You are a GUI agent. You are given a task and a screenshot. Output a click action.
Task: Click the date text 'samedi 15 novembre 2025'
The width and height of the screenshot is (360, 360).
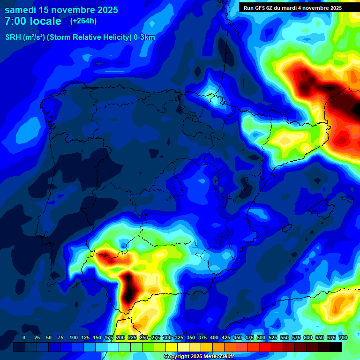(x=61, y=10)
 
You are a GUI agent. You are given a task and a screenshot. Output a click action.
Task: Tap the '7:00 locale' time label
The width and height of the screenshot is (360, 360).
(x=33, y=21)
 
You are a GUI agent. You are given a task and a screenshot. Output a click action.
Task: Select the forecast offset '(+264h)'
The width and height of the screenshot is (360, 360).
(x=83, y=21)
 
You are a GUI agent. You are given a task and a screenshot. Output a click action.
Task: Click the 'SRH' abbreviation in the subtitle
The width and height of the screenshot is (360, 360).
(x=13, y=37)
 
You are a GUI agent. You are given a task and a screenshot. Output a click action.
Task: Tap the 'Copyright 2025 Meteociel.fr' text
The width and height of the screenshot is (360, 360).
(x=199, y=357)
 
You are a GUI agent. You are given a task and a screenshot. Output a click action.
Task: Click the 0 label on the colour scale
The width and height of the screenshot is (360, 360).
(x=24, y=337)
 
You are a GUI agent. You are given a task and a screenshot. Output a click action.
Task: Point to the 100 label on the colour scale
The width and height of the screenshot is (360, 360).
(x=74, y=337)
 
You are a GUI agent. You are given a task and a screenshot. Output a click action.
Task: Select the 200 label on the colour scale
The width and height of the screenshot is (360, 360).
(x=120, y=337)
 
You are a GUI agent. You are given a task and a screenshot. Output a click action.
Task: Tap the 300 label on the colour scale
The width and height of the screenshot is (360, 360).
(x=167, y=337)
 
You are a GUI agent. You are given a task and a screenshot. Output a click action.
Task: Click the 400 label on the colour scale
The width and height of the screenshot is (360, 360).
(x=214, y=337)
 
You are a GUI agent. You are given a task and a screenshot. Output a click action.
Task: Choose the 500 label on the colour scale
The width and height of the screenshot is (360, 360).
(x=261, y=337)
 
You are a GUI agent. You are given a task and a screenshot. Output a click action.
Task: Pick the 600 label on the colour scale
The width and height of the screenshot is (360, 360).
(x=308, y=337)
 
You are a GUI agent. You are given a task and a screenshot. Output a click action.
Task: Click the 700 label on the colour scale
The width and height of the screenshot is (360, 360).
(x=343, y=337)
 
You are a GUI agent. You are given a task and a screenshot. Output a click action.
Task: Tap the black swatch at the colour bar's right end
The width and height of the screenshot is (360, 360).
(x=336, y=347)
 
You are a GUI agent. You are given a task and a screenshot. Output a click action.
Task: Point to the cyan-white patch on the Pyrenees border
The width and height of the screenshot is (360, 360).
(x=215, y=99)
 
